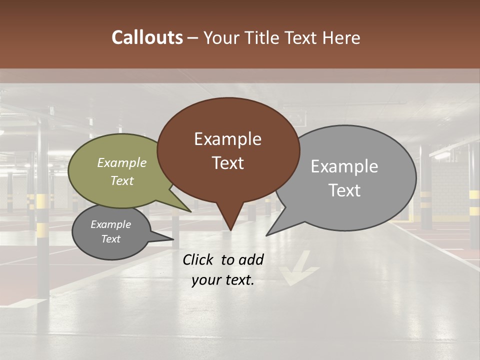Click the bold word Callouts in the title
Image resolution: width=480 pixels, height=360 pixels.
[147, 37]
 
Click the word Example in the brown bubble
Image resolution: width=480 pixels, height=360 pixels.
[227, 139]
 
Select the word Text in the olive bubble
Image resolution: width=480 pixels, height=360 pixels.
[122, 181]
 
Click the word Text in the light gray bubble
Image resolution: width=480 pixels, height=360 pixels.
[344, 190]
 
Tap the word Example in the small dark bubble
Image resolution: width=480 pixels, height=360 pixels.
[110, 224]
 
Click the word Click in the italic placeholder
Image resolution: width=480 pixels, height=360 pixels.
[199, 259]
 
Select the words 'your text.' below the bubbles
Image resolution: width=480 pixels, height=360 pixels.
[222, 280]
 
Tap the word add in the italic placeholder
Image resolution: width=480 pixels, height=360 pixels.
[251, 259]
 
